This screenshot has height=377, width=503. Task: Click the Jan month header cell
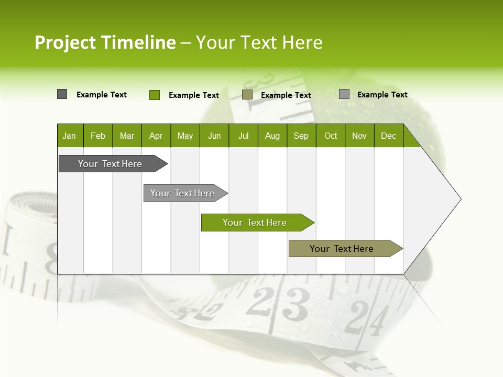coord(70,136)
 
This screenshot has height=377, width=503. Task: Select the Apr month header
coord(156,136)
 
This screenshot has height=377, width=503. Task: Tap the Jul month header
coord(243,136)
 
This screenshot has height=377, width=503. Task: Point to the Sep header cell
coord(301,136)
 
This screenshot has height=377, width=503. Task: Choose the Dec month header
coord(388,136)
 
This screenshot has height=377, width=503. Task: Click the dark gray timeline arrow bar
coord(110,164)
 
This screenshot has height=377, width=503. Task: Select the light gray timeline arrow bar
coord(182,193)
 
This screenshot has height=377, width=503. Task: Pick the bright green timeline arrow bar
coord(255,223)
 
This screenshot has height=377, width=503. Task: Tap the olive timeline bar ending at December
coord(342,249)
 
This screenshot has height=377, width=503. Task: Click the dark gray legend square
coord(62,94)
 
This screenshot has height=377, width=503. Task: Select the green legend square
coord(155,95)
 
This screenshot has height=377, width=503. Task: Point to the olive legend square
coord(247,94)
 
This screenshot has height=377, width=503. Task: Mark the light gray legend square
coord(344,94)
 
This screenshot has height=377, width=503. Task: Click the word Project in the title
coord(65,42)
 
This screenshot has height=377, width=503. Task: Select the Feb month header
coord(98,136)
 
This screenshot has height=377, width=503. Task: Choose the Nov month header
coord(359,136)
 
